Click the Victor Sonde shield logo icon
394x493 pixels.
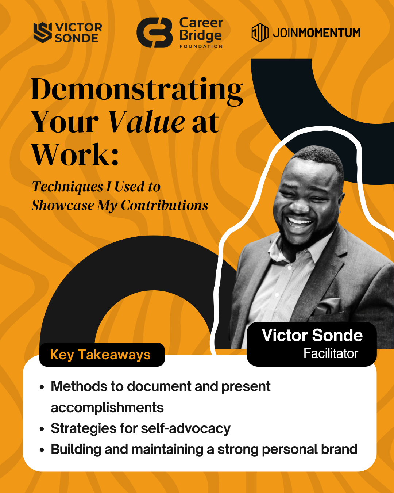(x=43, y=33)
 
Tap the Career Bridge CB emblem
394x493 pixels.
(x=155, y=33)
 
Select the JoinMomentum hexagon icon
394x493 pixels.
(x=260, y=33)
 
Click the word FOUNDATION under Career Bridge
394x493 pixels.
(x=201, y=46)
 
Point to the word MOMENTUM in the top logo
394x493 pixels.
(x=329, y=33)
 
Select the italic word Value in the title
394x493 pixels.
(x=147, y=122)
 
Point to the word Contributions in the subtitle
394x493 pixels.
(x=165, y=205)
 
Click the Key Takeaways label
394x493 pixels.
(x=100, y=355)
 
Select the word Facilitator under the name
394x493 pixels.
(x=331, y=353)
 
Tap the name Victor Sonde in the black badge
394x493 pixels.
(x=312, y=335)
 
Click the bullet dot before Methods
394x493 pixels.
(x=42, y=387)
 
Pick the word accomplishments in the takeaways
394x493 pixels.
(x=107, y=408)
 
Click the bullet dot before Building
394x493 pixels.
(x=42, y=450)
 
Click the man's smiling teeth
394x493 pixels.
(x=299, y=222)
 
